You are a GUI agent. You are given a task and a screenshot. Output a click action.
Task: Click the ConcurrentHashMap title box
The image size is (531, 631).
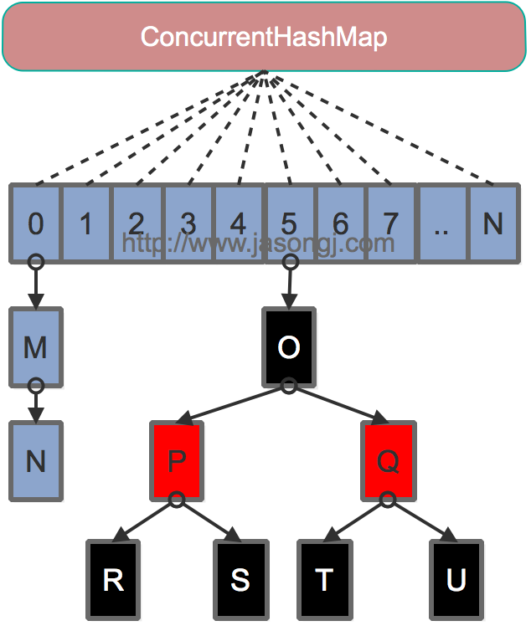pyautogui.click(x=264, y=37)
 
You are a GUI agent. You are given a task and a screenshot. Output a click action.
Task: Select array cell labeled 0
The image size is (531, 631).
pyautogui.click(x=35, y=223)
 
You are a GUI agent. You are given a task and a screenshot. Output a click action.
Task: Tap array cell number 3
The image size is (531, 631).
pyautogui.click(x=188, y=223)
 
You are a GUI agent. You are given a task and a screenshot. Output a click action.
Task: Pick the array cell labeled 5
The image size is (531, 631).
pyautogui.click(x=289, y=223)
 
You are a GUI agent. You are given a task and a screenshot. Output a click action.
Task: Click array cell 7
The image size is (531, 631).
pyautogui.click(x=390, y=223)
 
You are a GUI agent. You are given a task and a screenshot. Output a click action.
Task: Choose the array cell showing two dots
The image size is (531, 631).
pyautogui.click(x=441, y=223)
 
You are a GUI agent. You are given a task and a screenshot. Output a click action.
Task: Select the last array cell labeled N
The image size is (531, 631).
pyautogui.click(x=493, y=223)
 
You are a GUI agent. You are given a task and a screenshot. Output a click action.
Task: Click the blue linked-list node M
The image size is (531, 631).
pyautogui.click(x=35, y=347)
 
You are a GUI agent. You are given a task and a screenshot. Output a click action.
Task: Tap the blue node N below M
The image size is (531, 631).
pyautogui.click(x=35, y=461)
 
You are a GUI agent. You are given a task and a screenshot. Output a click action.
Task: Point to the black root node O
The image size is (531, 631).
pyautogui.click(x=288, y=347)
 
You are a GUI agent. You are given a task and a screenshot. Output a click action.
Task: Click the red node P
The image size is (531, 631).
pyautogui.click(x=177, y=461)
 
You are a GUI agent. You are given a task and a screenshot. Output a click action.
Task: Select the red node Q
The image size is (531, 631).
pyautogui.click(x=387, y=461)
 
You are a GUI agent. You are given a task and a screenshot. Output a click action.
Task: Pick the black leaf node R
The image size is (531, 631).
pyautogui.click(x=113, y=580)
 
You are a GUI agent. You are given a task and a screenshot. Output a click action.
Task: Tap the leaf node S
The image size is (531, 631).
pyautogui.click(x=240, y=580)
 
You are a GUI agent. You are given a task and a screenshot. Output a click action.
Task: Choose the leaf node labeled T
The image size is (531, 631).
pyautogui.click(x=324, y=580)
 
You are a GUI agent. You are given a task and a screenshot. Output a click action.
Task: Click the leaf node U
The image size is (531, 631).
pyautogui.click(x=456, y=580)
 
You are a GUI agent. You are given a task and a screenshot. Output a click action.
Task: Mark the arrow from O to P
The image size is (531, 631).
pyautogui.click(x=233, y=403)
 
